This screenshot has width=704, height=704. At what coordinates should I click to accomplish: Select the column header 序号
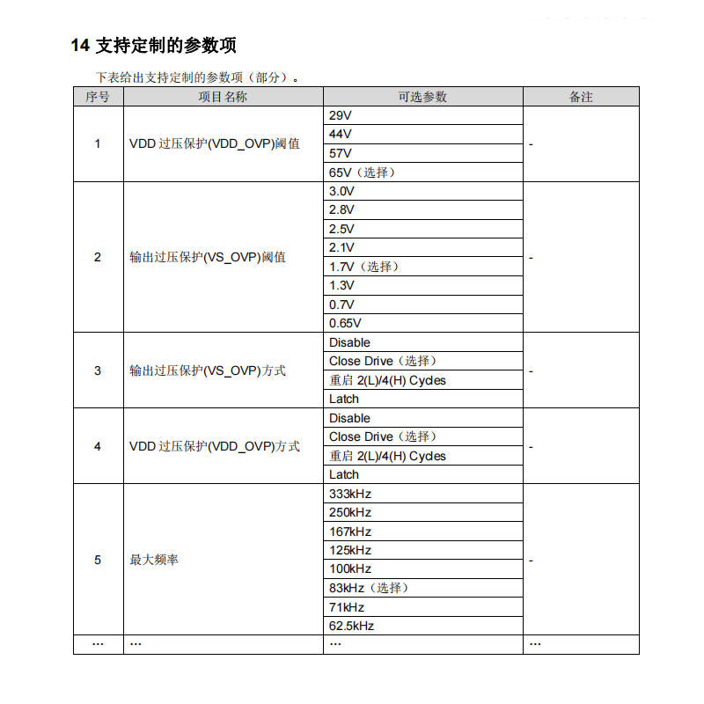coord(98,97)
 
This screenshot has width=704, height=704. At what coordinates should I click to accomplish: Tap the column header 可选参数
coord(422,97)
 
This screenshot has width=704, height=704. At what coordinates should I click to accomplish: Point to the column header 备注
coord(581,97)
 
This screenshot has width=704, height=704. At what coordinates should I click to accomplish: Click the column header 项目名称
coord(223,97)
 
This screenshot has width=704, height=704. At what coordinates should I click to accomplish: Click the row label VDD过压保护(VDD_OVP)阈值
coord(214,143)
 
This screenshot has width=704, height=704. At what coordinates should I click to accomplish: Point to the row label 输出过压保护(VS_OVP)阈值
coord(207,257)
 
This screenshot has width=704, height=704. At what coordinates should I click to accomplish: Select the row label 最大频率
coord(154,560)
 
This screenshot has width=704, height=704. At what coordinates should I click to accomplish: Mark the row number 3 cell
coord(98,370)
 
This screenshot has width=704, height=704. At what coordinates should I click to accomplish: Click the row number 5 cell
coord(98,560)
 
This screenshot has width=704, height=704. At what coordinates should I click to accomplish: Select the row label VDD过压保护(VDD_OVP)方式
coord(214,446)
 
